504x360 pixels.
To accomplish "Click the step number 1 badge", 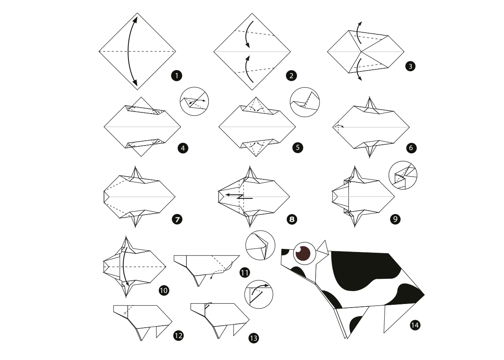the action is [x=177, y=76].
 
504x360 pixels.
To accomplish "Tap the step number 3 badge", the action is [x=410, y=66].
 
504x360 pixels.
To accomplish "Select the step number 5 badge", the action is [x=298, y=147].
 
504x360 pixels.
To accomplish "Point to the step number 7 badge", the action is [x=177, y=219].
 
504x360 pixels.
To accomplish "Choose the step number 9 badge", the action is [x=395, y=219].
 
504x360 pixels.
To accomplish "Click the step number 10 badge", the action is [x=164, y=291].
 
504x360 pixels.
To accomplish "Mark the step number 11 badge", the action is [x=245, y=273].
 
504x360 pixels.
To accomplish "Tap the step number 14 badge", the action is [x=415, y=325].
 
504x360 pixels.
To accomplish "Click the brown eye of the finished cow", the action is [x=303, y=254].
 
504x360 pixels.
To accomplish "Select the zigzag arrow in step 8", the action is [x=239, y=196].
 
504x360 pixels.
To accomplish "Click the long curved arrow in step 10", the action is [x=123, y=267].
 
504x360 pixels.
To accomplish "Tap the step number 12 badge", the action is [x=179, y=336].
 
